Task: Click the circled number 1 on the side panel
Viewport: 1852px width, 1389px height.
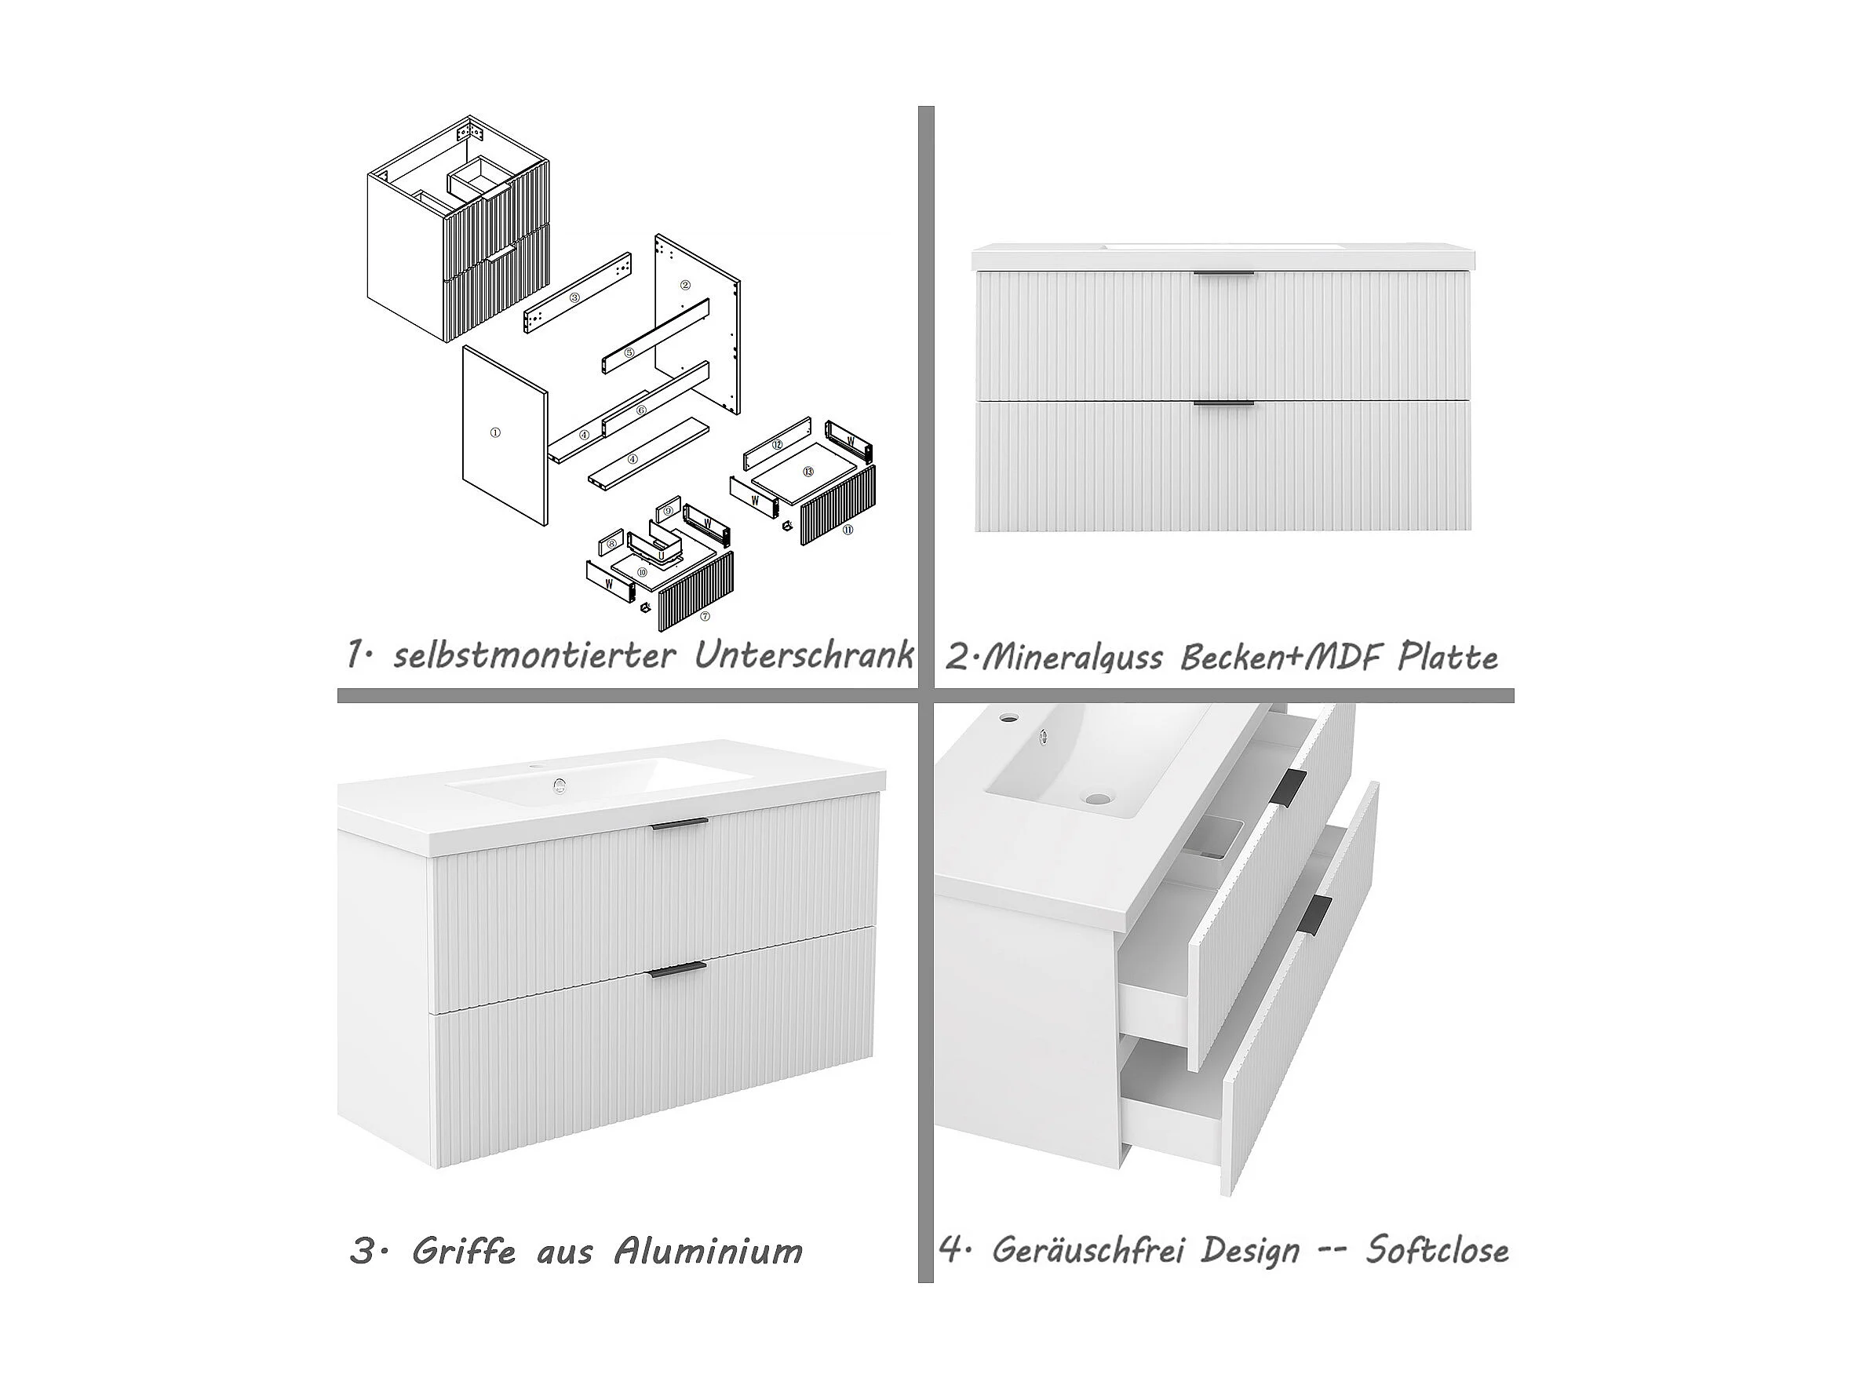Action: tap(495, 433)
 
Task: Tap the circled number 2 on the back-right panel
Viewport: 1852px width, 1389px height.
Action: tap(685, 285)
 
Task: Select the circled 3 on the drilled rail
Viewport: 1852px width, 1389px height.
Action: tap(574, 297)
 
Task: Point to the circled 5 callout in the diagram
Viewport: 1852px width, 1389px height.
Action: tap(629, 353)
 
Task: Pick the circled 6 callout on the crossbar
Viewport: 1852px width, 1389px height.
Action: tap(641, 410)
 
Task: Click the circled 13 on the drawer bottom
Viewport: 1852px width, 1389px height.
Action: tap(808, 472)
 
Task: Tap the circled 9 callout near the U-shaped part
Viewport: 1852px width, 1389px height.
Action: tap(668, 512)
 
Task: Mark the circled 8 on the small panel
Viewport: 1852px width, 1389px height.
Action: tap(612, 544)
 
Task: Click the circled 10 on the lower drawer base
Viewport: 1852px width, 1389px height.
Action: tap(642, 573)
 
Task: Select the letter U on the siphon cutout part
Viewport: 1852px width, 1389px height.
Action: tap(661, 554)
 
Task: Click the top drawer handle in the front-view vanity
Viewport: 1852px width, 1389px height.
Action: tap(1224, 273)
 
